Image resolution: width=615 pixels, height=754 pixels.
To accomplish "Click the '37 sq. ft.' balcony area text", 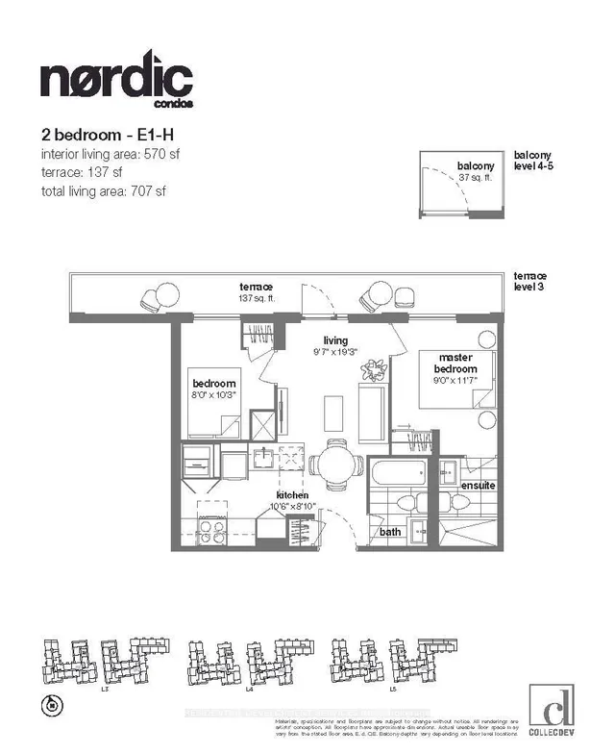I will pyautogui.click(x=474, y=177).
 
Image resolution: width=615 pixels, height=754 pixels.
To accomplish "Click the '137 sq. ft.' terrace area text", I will pyautogui.click(x=258, y=298).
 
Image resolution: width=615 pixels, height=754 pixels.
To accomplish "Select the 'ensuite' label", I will pyautogui.click(x=478, y=486).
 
